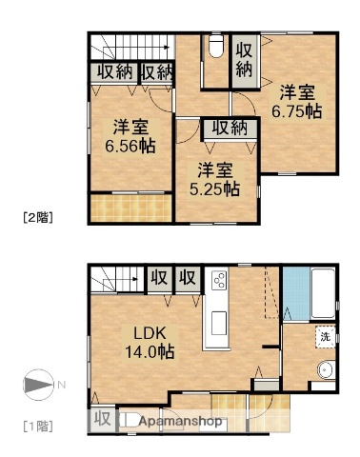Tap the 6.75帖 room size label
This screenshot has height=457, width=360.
pos(299,102)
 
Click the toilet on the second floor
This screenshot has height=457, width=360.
pos(214,47)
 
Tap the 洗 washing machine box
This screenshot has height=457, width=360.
pos(324,338)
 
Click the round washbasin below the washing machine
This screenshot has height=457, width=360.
pos(326,373)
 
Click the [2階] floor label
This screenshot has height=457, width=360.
pos(37,217)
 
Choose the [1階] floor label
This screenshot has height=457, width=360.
pos(37,425)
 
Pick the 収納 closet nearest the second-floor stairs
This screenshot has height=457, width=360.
pos(112,73)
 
